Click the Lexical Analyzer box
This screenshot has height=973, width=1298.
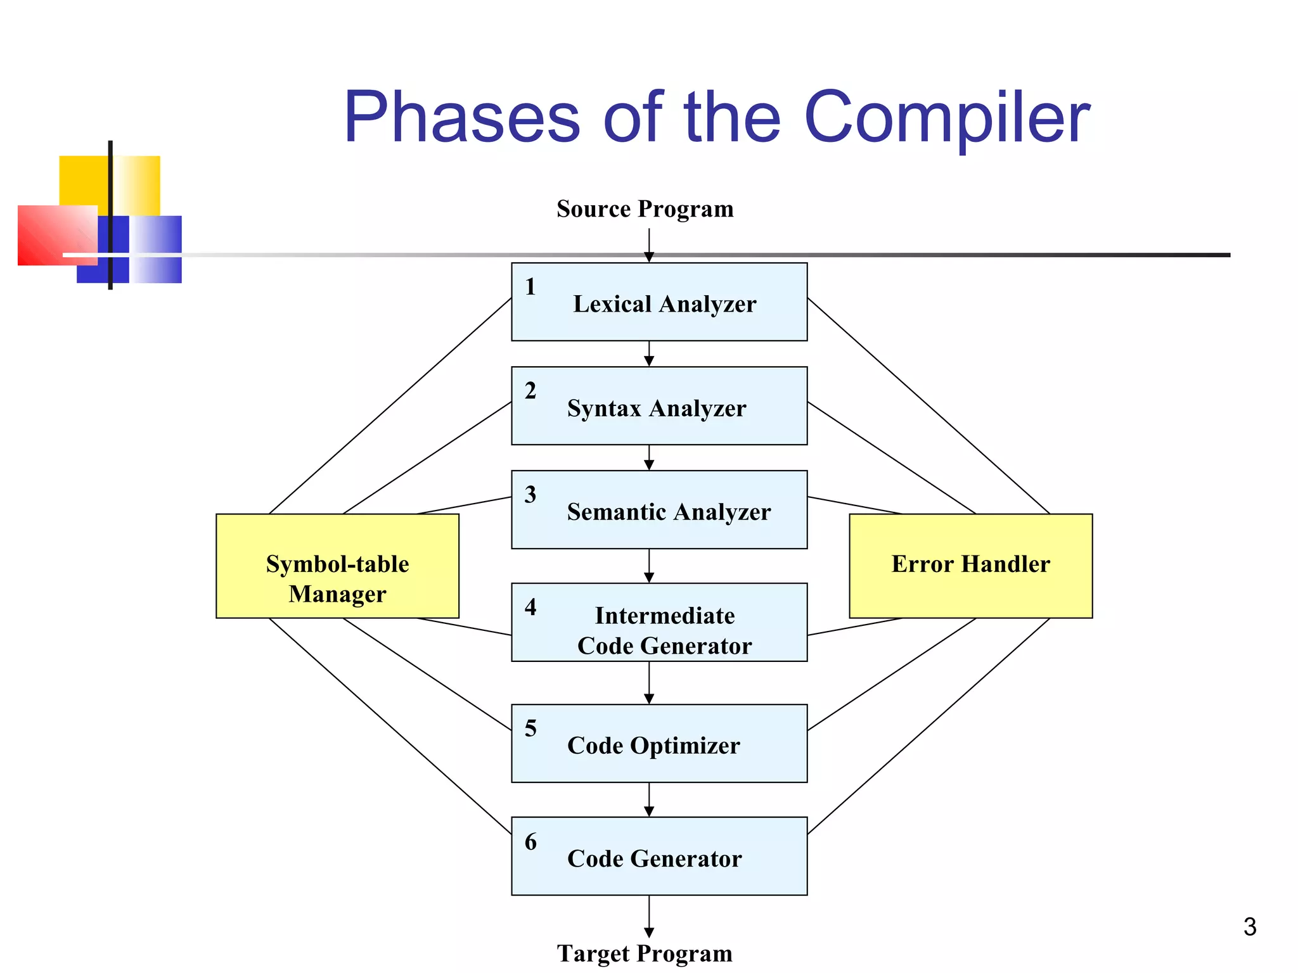tap(659, 302)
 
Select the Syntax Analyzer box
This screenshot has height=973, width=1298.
tap(659, 406)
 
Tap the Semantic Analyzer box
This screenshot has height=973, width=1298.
tap(659, 510)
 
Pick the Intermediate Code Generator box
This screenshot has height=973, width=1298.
tap(659, 623)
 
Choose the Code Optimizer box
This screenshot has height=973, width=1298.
tap(659, 744)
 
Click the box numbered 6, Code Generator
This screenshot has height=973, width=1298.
tap(659, 856)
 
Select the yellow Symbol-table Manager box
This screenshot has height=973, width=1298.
tap(337, 566)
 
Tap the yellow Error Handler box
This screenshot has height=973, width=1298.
tap(970, 566)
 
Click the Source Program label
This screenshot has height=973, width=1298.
tap(645, 209)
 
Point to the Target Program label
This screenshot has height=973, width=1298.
tap(645, 953)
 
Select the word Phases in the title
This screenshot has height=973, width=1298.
tap(461, 118)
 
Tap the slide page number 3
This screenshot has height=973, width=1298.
tap(1249, 927)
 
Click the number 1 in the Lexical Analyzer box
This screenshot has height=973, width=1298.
tap(530, 287)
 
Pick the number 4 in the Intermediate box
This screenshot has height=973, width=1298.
tap(530, 607)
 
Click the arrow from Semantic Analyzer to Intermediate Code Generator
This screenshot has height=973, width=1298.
tap(649, 565)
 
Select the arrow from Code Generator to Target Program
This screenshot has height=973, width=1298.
tap(649, 915)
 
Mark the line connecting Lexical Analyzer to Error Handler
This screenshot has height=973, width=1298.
tap(929, 405)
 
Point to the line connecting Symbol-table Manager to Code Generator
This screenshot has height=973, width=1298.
tap(390, 726)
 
